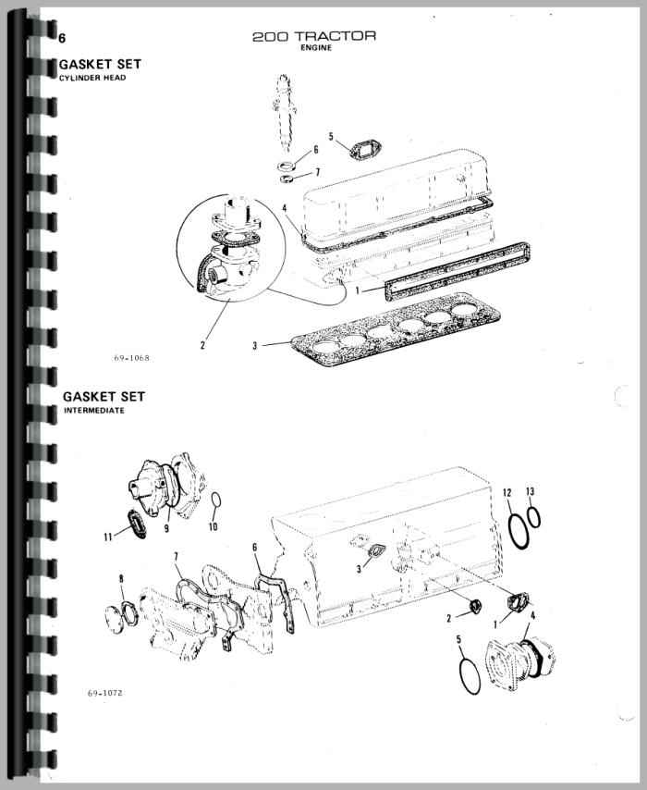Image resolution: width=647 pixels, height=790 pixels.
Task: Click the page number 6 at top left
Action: pos(62,38)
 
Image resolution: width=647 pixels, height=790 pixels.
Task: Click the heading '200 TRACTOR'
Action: pos(314,36)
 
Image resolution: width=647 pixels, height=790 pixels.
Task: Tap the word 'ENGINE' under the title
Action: pos(316,48)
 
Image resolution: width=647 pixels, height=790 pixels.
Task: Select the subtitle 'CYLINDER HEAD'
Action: pos(92,78)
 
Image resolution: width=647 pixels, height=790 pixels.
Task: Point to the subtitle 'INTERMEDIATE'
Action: pos(94,411)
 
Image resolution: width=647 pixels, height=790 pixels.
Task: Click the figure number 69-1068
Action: pos(131,358)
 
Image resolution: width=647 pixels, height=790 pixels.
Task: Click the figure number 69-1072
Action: pos(105,693)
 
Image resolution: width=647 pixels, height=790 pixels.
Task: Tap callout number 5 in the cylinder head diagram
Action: pos(331,137)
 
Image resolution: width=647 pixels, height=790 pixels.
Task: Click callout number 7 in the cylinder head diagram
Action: pos(317,172)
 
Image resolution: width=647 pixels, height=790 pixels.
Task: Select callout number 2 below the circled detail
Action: pos(203,345)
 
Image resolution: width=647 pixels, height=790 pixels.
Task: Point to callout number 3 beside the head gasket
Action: pos(255,346)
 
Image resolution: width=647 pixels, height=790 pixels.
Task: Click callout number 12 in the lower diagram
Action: pos(507,492)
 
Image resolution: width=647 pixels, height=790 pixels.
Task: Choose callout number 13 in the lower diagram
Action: pos(531,491)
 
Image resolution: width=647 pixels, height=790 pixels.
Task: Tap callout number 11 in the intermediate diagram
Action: pos(108,537)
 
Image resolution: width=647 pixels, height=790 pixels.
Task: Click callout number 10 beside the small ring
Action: pos(213,526)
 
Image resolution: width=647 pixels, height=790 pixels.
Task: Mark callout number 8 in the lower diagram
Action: pos(121,579)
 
